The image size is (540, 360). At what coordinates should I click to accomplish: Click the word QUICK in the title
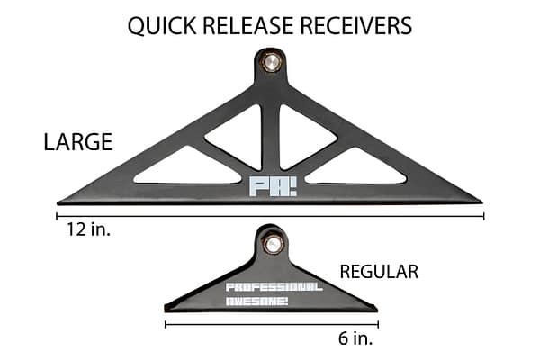160,25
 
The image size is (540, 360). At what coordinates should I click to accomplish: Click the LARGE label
77,141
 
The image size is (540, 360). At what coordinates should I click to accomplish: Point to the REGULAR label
378,271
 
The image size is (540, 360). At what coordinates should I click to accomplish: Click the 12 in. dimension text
85,231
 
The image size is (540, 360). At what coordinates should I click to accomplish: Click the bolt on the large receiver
270,62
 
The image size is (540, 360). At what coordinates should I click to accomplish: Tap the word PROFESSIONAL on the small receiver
271,288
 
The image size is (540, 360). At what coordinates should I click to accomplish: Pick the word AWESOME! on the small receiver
257,301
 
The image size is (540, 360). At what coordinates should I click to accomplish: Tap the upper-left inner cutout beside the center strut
238,135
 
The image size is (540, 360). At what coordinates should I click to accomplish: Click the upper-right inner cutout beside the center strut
304,135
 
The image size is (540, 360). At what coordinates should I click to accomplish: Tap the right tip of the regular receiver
375,310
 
